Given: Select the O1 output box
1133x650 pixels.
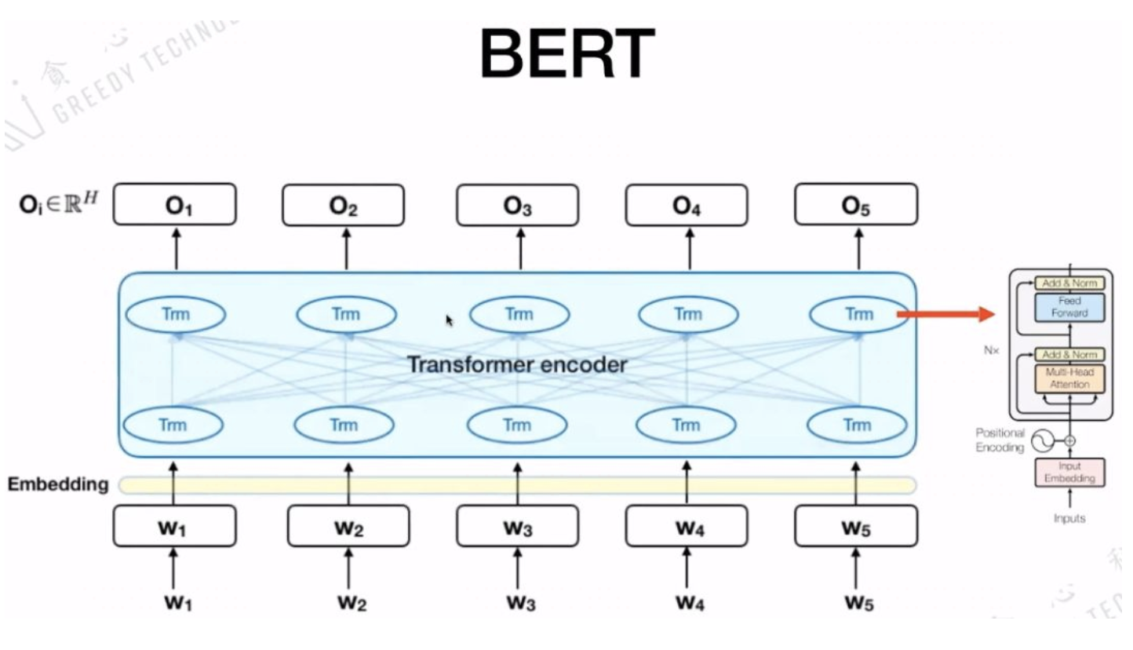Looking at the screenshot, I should pos(174,205).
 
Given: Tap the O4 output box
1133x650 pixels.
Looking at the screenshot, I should pos(686,205).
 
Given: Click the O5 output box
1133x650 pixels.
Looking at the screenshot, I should pos(855,205).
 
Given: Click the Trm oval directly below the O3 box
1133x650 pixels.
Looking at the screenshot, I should pos(518,315).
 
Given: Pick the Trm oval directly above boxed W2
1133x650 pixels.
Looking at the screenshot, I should pos(344,425).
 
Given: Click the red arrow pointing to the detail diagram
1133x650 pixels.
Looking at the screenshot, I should pos(945,315).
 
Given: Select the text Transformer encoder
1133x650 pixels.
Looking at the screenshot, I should pos(516,365).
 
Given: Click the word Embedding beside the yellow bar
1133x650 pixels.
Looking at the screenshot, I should pos(58,484).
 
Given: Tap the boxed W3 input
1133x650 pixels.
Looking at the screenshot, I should pos(517,526).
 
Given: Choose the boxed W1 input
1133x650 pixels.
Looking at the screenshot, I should pos(174,526).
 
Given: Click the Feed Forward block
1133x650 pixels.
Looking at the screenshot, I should pos(1069,307).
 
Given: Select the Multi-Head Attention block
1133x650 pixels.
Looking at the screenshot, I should pos(1069,378).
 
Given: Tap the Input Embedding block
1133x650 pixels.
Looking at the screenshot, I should pos(1069,472).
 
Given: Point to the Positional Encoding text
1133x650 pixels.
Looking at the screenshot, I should pos(1000,440).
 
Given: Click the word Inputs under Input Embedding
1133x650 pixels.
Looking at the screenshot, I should pos(1069,518).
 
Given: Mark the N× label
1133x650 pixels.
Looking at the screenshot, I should pos(992,350).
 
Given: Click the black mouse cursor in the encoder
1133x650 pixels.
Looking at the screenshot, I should pos(450,320).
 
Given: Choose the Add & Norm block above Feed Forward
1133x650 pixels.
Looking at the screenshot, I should pos(1069,283).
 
